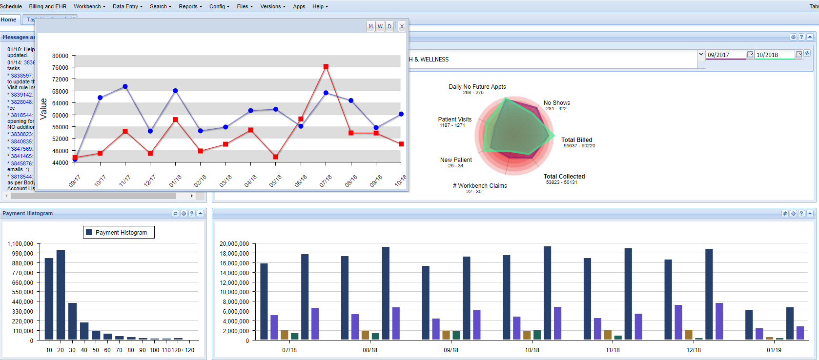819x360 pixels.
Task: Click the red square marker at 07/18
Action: click(326, 66)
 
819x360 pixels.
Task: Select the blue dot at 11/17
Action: click(125, 86)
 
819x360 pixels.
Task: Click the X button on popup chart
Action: click(402, 26)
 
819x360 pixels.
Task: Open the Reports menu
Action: click(190, 6)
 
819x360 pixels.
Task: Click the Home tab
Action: click(9, 20)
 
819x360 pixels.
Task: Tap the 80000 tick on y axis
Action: click(60, 56)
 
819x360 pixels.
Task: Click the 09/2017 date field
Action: click(725, 55)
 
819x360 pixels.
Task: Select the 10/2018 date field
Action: click(774, 55)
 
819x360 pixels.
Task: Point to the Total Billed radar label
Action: click(576, 140)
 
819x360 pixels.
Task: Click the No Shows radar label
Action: click(556, 103)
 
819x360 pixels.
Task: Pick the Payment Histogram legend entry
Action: click(119, 232)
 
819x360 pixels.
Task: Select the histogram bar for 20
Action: click(61, 295)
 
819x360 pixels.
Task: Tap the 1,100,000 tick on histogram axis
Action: click(20, 243)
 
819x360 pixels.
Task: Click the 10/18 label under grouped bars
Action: click(532, 350)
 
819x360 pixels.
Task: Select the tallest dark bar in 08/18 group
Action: click(386, 293)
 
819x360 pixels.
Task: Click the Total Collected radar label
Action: click(564, 177)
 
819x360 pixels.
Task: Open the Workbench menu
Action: click(89, 6)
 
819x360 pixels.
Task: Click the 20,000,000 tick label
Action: click(234, 243)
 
